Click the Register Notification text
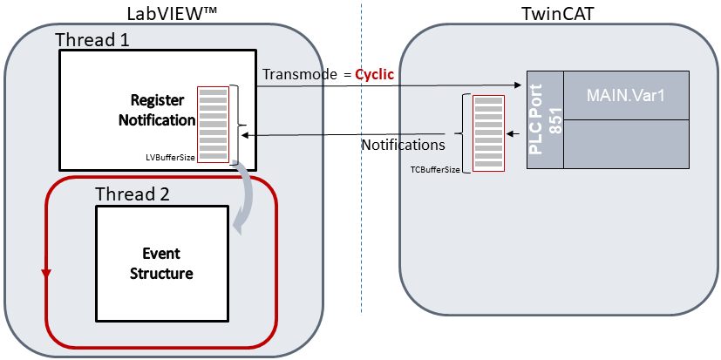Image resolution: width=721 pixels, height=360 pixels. click(x=157, y=109)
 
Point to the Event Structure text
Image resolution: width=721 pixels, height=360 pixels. click(x=161, y=263)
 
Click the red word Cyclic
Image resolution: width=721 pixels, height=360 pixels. click(x=374, y=75)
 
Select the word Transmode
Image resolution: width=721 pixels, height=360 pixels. click(x=300, y=75)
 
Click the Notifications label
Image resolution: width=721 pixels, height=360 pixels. click(x=403, y=145)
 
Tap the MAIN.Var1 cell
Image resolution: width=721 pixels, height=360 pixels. click(x=626, y=95)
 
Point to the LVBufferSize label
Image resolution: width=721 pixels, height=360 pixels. click(x=170, y=158)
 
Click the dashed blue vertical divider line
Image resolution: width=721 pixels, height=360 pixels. click(x=360, y=174)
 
